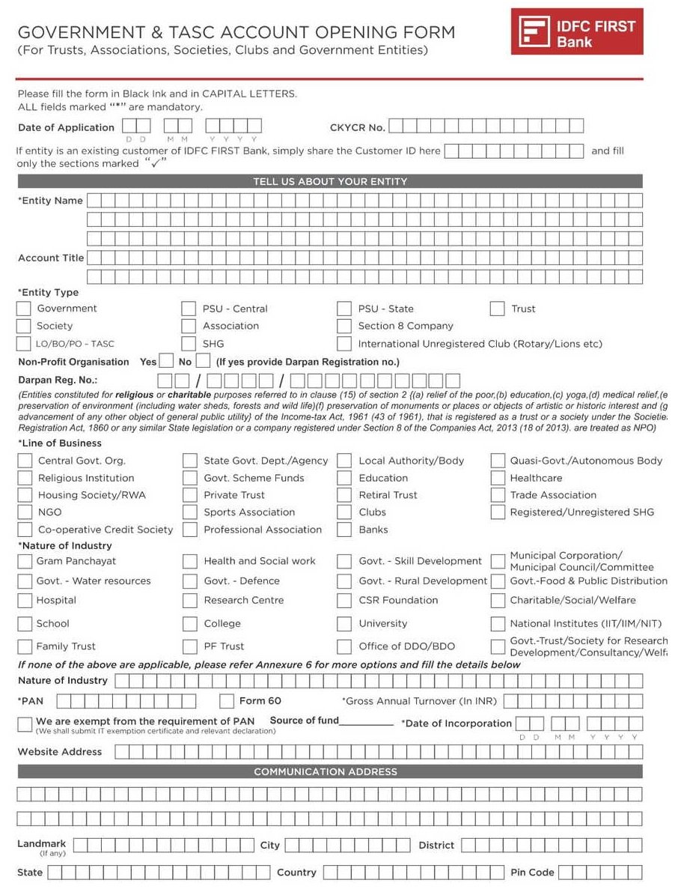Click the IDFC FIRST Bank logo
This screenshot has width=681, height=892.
click(x=576, y=31)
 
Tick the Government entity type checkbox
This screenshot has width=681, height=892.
click(x=24, y=309)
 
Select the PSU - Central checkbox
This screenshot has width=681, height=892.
click(x=189, y=309)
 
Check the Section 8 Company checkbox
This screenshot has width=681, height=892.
click(x=344, y=327)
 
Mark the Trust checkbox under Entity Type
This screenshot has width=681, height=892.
click(x=498, y=309)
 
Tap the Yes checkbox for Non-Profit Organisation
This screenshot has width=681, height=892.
click(x=167, y=362)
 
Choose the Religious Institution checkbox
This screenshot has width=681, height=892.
click(x=25, y=478)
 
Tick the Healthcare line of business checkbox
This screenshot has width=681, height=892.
click(x=498, y=478)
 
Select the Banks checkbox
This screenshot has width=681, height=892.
click(x=344, y=530)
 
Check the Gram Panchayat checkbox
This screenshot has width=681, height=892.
click(x=25, y=561)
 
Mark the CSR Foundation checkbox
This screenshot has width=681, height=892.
click(x=344, y=601)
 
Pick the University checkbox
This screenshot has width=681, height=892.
click(x=344, y=624)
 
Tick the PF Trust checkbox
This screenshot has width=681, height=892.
click(x=190, y=646)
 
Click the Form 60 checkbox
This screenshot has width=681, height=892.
click(x=227, y=701)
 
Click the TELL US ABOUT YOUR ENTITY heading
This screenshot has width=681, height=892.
click(x=329, y=181)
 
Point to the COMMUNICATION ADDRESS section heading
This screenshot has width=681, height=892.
click(x=326, y=771)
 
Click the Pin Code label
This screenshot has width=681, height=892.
click(x=532, y=873)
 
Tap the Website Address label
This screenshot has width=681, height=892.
click(x=60, y=752)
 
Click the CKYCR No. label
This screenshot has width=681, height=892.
click(x=357, y=127)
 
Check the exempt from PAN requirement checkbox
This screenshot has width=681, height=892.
click(x=24, y=723)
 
